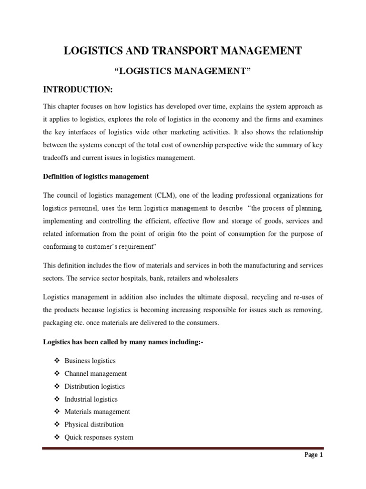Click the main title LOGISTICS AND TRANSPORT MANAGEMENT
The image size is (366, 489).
183,51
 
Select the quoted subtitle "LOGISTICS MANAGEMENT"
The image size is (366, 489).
183,72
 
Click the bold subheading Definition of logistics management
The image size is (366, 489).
96,176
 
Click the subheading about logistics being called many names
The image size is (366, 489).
117,342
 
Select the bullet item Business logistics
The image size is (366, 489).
93,361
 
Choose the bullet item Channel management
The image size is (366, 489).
99,373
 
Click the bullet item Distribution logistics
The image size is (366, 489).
98,386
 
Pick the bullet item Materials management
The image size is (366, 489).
100,412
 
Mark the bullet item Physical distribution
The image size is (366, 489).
97,424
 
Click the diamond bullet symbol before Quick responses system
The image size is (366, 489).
57,437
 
